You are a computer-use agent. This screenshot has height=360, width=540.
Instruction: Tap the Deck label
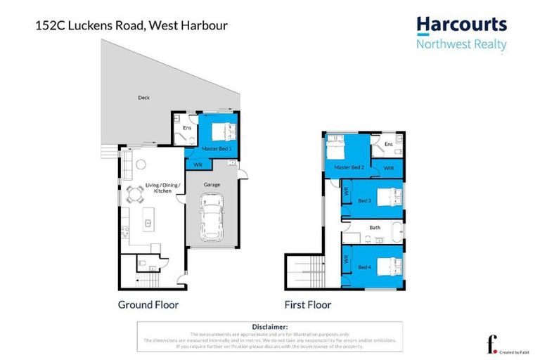tap(143, 98)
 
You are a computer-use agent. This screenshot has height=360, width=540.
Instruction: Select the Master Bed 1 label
tap(217, 149)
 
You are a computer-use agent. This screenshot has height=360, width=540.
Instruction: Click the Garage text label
tap(212, 184)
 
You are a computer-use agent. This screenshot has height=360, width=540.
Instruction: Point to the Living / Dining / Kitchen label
tap(158, 188)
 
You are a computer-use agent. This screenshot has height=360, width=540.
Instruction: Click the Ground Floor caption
tap(148, 304)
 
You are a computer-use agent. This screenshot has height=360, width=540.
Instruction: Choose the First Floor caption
tap(308, 304)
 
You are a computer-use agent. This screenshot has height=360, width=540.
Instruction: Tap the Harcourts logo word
tap(461, 25)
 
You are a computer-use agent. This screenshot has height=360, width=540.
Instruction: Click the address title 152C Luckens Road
tap(131, 26)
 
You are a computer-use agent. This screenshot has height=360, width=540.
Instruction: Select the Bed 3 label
tap(364, 200)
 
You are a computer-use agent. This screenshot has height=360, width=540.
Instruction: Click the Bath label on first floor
tap(375, 228)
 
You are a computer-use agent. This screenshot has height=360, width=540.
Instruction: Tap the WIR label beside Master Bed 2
tap(389, 169)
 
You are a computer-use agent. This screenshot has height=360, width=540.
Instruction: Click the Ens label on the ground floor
tap(187, 128)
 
